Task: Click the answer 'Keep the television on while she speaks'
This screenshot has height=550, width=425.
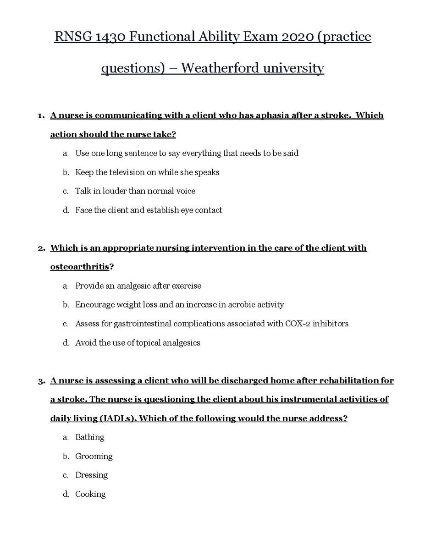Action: pos(147,172)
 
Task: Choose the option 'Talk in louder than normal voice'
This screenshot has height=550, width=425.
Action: pos(135,191)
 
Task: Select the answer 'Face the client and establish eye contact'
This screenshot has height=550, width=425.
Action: pos(149,210)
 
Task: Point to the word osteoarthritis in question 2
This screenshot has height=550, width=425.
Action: pos(80,267)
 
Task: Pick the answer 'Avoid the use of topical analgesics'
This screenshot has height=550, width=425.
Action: pos(138,343)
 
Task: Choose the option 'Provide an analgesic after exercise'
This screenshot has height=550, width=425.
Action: pos(138,286)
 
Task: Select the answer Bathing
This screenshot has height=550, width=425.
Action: pos(90,437)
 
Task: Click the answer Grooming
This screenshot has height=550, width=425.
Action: pos(94,456)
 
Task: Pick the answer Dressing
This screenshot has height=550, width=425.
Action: pos(91,475)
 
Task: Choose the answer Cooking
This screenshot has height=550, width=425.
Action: pos(90,495)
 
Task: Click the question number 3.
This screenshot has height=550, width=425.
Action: pos(41,381)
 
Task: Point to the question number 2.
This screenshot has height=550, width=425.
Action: pos(41,248)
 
